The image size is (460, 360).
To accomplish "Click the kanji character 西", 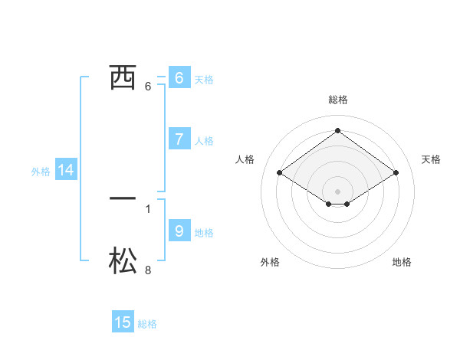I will [123, 77].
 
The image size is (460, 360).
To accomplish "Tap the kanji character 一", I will [123, 198].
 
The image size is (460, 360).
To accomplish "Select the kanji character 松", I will [123, 261].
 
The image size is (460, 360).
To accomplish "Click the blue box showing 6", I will [179, 77].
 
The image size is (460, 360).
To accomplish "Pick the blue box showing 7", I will [179, 139].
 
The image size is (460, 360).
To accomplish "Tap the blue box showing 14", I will [66, 171].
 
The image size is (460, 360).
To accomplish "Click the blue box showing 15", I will [123, 322].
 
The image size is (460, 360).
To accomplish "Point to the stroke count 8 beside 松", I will [148, 270].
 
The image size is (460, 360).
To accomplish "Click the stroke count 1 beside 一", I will [148, 208].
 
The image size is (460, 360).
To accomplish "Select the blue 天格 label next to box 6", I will [204, 80].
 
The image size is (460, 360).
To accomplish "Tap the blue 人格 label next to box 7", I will [204, 141].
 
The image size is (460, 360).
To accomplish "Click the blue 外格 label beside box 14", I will [41, 172].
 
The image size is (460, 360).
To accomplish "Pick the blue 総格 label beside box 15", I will [147, 324].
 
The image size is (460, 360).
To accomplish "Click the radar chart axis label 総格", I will [337, 100].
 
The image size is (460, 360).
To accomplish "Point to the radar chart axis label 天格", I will [431, 159].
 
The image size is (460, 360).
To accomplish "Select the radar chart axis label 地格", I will [402, 262].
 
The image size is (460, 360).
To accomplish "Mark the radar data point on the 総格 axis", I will [337, 131].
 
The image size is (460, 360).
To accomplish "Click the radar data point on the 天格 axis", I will [396, 173].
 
